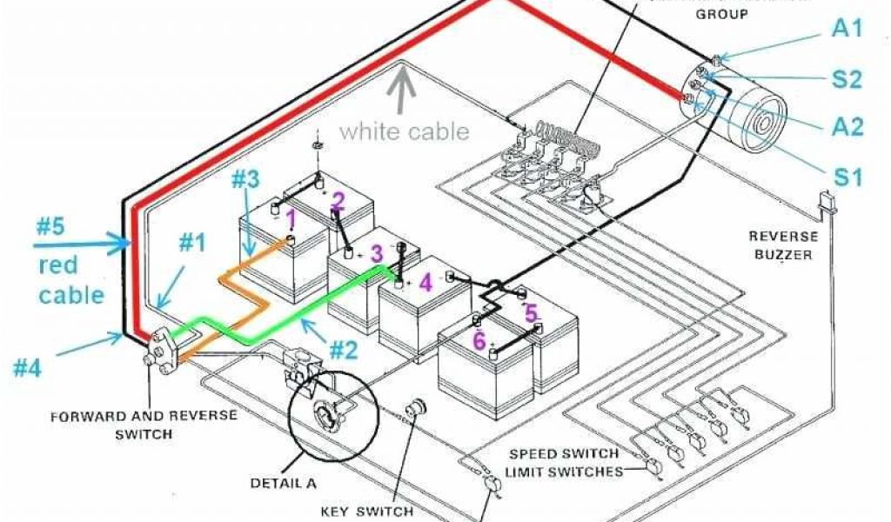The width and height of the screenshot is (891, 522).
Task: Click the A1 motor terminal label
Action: tap(847, 29)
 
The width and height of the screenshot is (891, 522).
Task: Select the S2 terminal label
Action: tap(847, 79)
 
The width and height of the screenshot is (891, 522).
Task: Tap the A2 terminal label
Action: tap(847, 127)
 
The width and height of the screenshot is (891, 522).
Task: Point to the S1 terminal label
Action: tap(847, 178)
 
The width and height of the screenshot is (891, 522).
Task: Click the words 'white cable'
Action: tap(404, 131)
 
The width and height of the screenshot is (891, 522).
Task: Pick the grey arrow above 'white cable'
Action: tap(402, 90)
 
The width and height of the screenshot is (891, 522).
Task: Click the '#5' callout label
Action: tap(51, 227)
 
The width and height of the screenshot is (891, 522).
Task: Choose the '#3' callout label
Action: tap(245, 180)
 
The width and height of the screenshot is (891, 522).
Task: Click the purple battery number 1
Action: tap(291, 217)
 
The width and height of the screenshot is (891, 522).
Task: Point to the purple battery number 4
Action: tap(424, 283)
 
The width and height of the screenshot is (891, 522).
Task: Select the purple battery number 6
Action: tap(479, 341)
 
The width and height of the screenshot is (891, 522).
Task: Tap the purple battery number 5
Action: tap(531, 311)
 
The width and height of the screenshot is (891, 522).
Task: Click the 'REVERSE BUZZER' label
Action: tap(783, 244)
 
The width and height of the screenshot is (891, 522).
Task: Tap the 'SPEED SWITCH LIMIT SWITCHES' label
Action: tap(566, 462)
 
